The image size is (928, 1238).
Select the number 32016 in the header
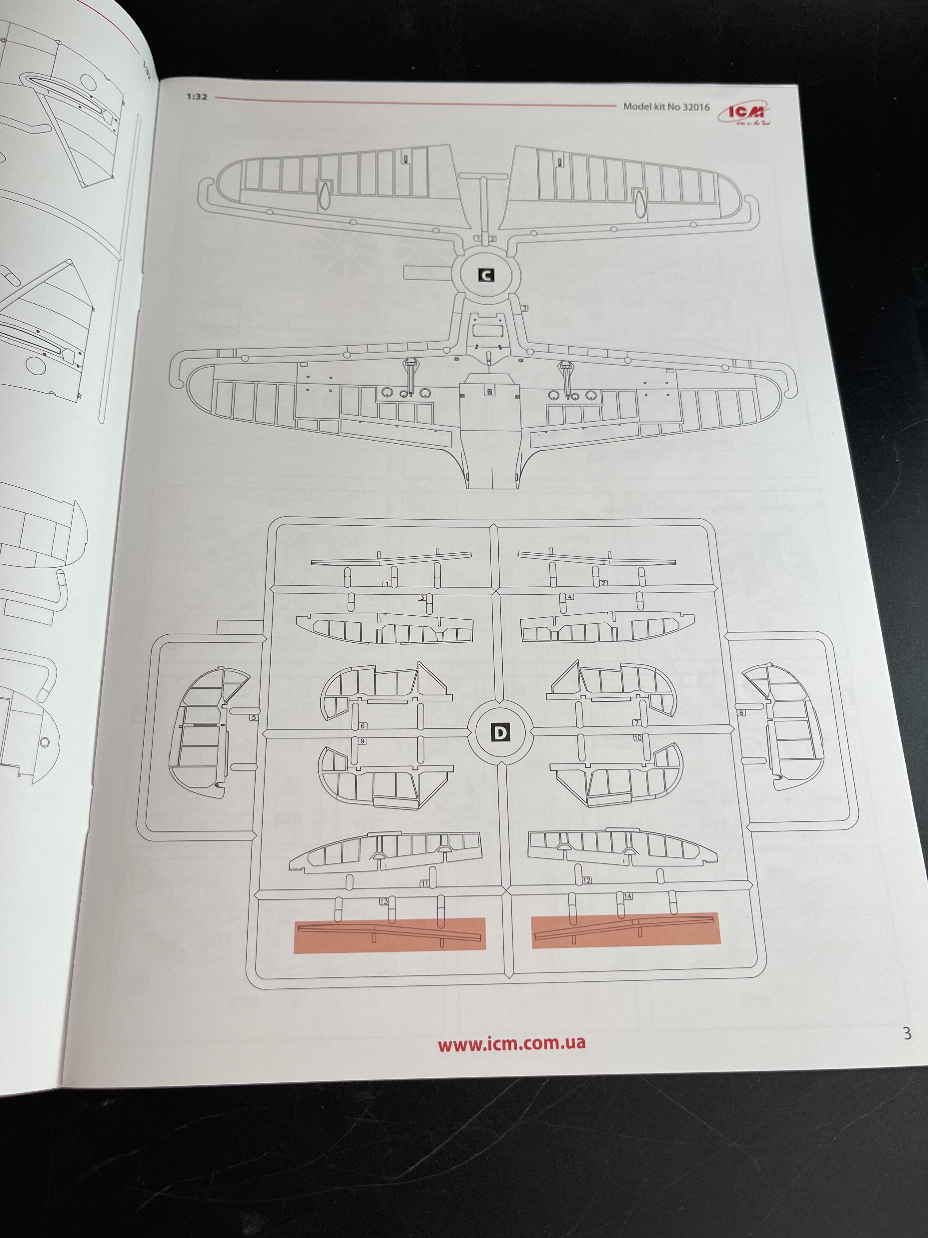tap(696, 106)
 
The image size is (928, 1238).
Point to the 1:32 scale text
tap(197, 97)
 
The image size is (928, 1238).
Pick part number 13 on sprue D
tap(384, 901)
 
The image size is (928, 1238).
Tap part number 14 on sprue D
tap(628, 896)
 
